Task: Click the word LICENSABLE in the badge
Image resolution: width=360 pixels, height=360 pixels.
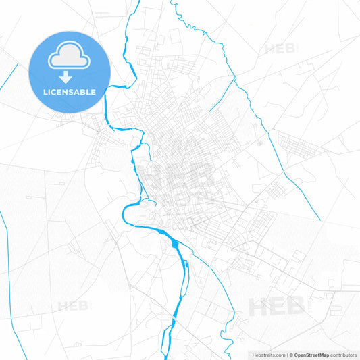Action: [70, 92]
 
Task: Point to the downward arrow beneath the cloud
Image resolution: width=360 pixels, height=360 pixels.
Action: [69, 76]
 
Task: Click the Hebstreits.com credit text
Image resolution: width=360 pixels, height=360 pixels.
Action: [266, 355]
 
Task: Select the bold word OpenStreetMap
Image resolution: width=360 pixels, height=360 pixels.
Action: [311, 355]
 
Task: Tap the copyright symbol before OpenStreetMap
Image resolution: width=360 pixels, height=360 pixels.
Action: [291, 355]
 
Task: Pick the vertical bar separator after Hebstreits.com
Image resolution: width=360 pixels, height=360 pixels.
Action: [287, 355]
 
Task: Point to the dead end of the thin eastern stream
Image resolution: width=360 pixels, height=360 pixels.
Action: [319, 220]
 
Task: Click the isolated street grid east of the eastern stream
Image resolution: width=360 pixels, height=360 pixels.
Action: [294, 144]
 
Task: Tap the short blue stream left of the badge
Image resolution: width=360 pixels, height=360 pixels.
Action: [9, 76]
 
